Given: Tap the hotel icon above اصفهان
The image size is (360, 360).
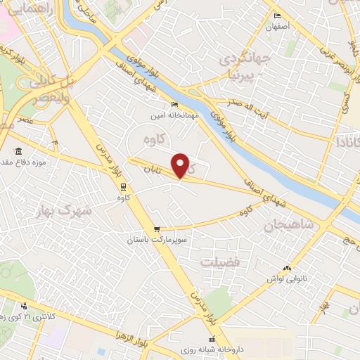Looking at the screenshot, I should (x=278, y=16).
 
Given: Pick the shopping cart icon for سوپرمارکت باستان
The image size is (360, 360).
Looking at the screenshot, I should (x=157, y=229).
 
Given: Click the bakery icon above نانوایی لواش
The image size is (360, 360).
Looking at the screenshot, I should (x=286, y=267).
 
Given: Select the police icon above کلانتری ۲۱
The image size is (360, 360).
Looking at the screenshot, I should (x=25, y=306).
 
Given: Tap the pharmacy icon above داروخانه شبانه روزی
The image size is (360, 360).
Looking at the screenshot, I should (x=212, y=340).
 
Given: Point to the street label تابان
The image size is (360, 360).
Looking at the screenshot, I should (x=154, y=169).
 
